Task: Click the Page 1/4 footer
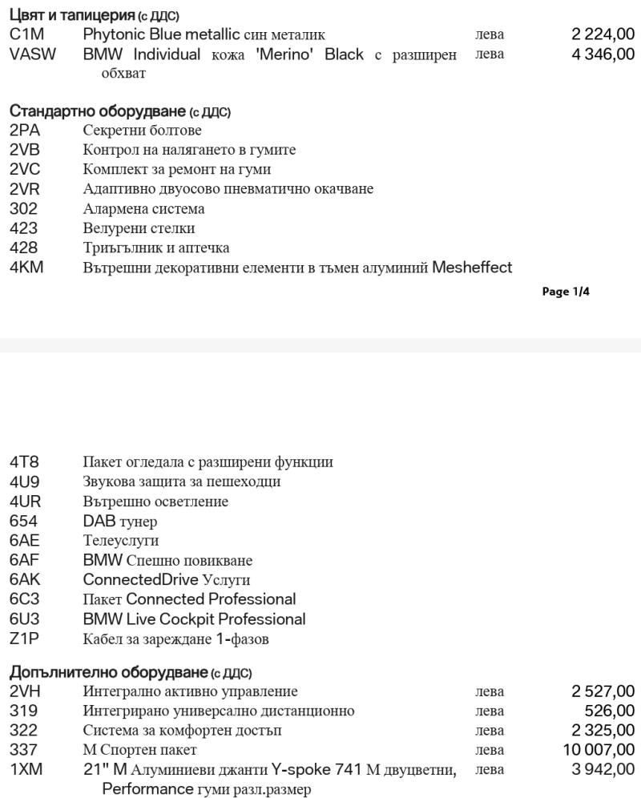tap(566, 292)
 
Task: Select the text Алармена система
tap(143, 208)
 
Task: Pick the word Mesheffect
tap(472, 268)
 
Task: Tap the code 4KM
tap(26, 268)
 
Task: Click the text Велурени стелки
tap(139, 228)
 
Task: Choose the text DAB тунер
tap(120, 522)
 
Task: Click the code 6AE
tap(25, 541)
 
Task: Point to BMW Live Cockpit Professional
tap(194, 619)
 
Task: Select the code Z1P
tap(24, 639)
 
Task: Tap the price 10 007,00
tap(598, 750)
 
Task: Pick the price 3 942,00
tap(603, 770)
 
